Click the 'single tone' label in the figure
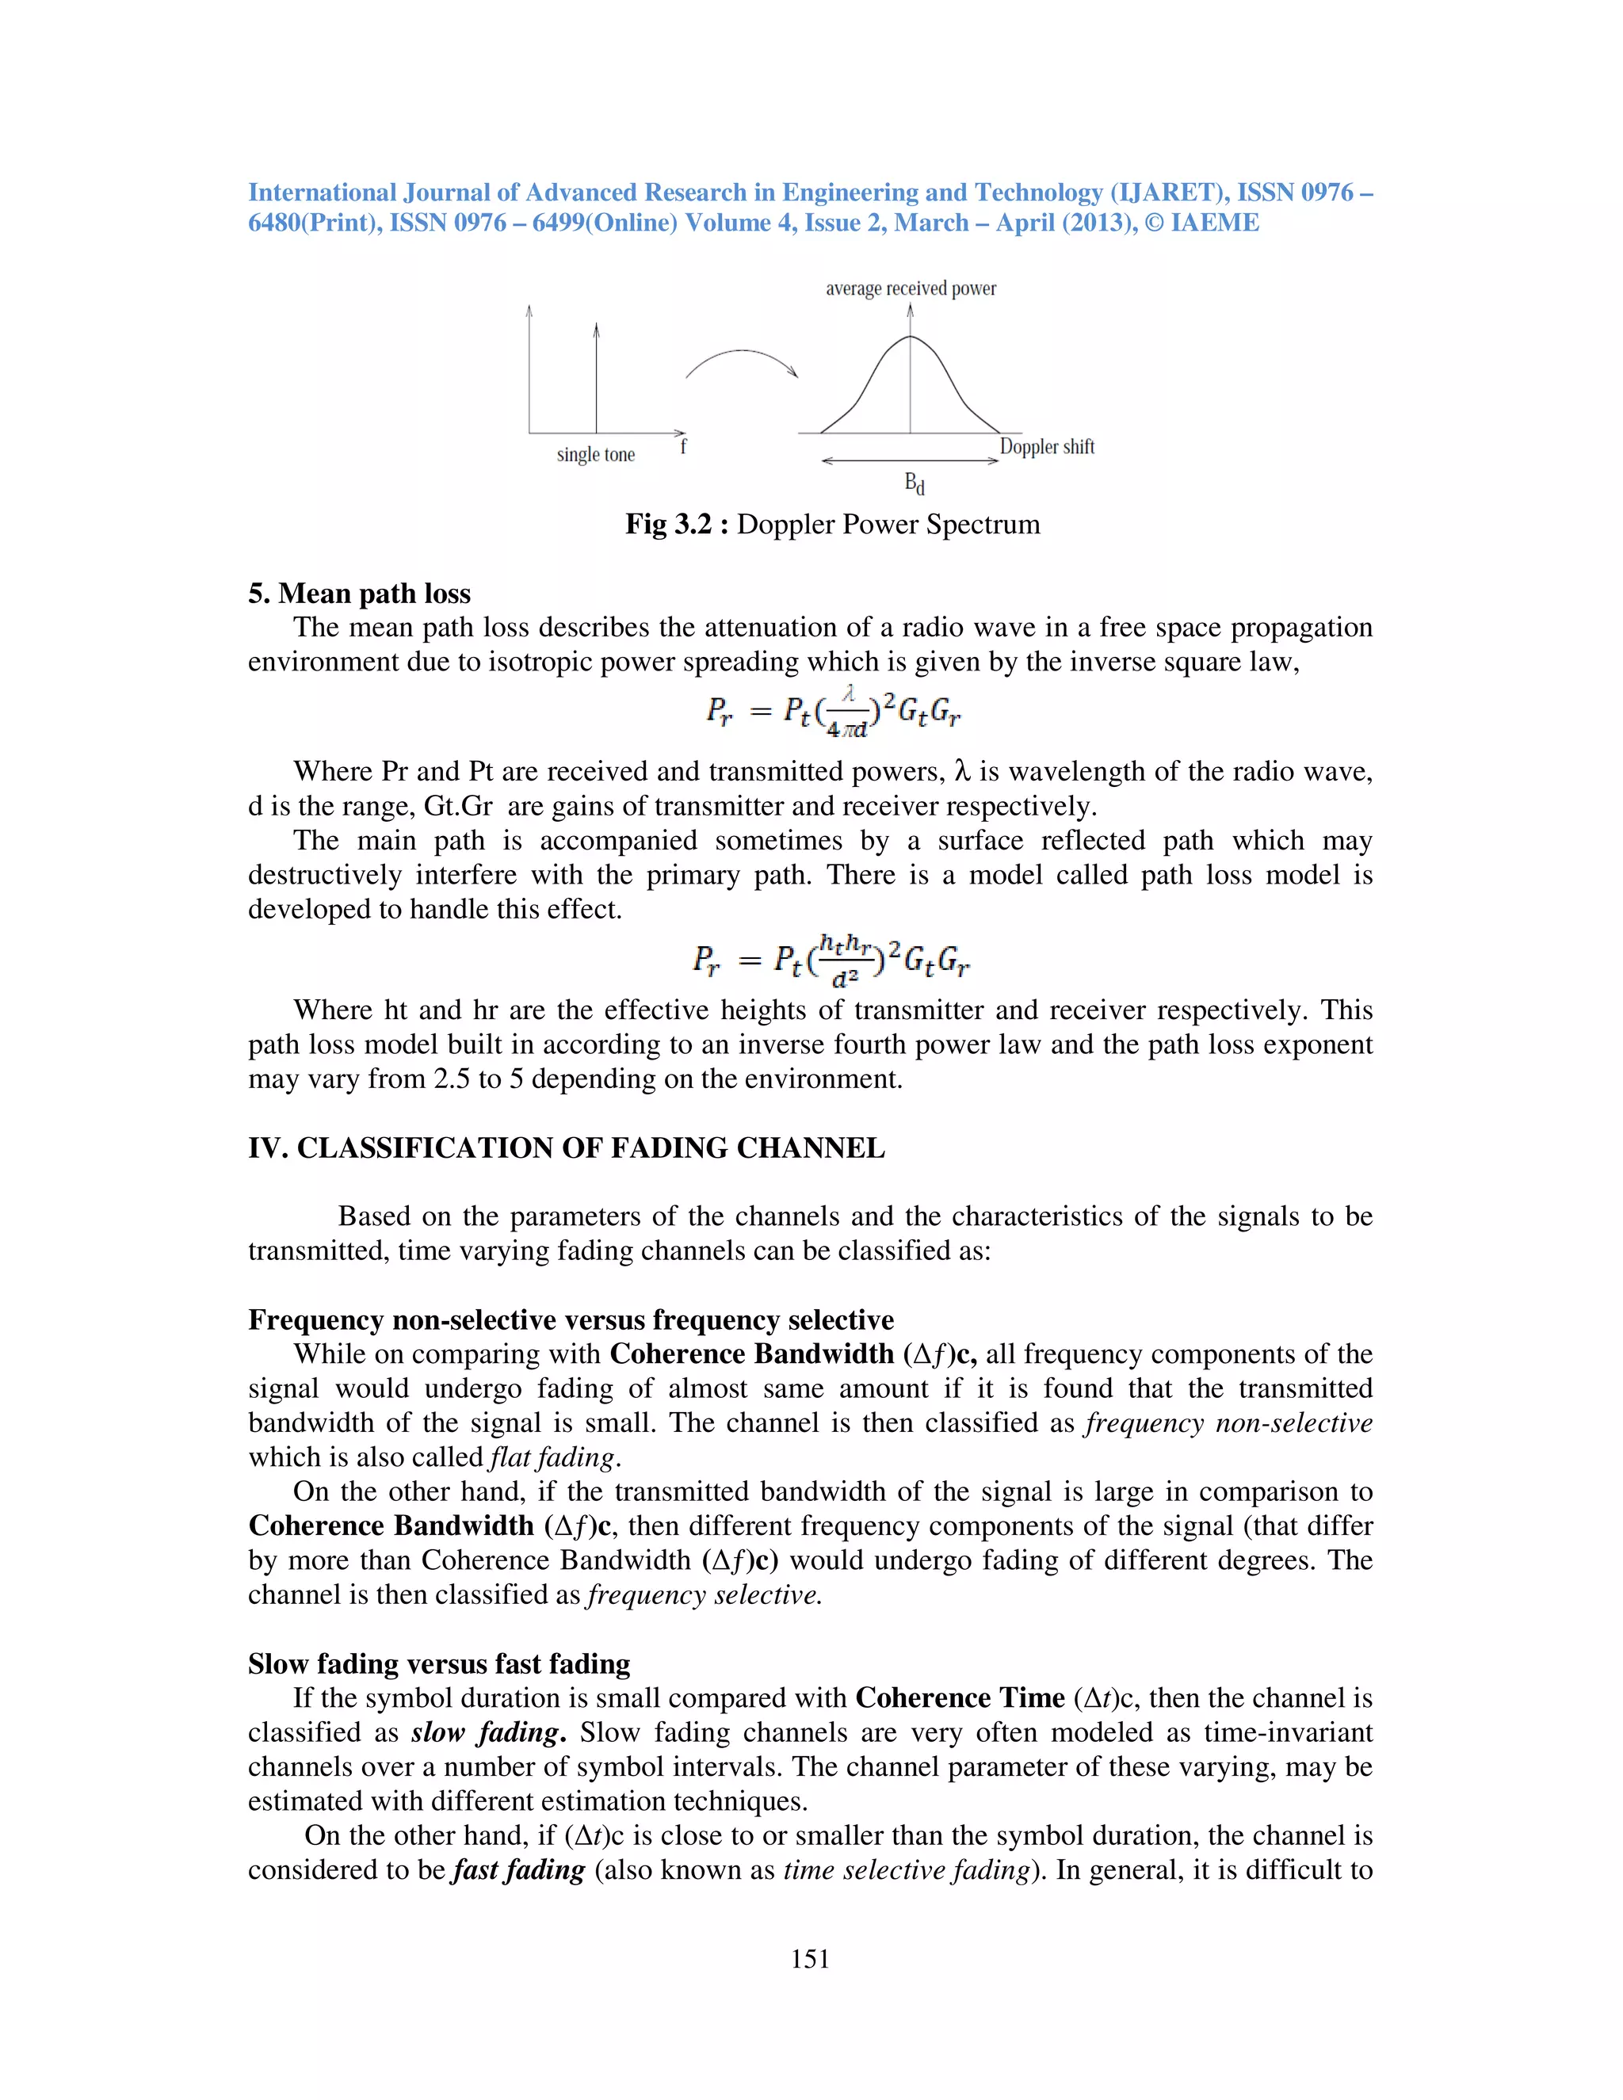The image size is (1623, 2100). click(x=596, y=455)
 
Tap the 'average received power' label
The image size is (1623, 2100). click(x=911, y=288)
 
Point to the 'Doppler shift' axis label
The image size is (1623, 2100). click(x=1047, y=446)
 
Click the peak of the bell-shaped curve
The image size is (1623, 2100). click(x=911, y=337)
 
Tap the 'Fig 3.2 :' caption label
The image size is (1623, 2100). click(x=677, y=524)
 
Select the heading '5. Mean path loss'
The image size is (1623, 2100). click(x=360, y=594)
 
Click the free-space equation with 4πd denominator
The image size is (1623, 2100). click(x=833, y=712)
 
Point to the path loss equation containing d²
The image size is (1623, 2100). click(x=831, y=960)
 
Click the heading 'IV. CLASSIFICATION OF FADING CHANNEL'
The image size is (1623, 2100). click(x=567, y=1148)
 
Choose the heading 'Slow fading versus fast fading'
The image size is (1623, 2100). click(x=439, y=1663)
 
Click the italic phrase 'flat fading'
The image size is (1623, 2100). click(x=552, y=1457)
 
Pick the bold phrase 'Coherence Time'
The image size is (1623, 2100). click(x=960, y=1698)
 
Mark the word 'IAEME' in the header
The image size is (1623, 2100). click(x=1214, y=223)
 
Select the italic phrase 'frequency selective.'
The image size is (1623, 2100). click(x=705, y=1595)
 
